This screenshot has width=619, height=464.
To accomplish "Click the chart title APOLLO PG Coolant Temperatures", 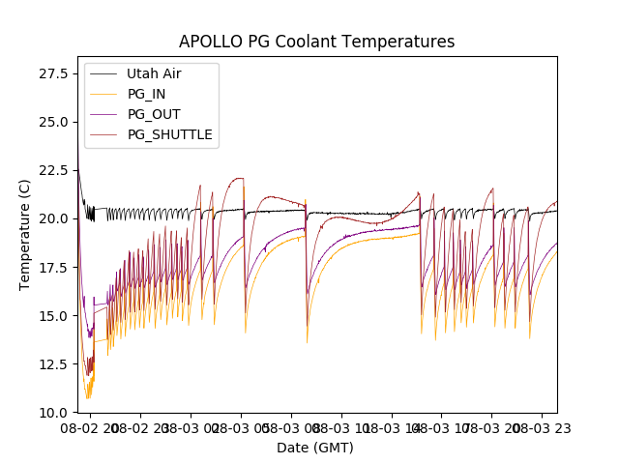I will [x=316, y=43].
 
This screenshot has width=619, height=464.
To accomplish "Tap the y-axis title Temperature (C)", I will [x=25, y=235].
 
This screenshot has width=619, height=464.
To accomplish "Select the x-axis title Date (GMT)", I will [x=315, y=448].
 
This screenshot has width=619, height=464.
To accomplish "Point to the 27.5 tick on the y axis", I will [x=54, y=73].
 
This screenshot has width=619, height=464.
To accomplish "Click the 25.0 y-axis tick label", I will [x=54, y=122].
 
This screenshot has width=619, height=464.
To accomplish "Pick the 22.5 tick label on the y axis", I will [x=54, y=170].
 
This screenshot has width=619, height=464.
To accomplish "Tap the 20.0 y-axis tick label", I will [x=54, y=218].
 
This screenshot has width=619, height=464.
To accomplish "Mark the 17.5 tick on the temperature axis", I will [x=54, y=267].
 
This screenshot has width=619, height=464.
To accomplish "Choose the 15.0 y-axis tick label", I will [x=54, y=315].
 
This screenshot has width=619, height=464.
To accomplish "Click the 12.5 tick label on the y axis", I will [x=54, y=363].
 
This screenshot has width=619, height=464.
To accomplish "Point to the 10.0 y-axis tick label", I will [x=54, y=412].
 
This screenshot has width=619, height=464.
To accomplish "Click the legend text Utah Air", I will [x=154, y=73].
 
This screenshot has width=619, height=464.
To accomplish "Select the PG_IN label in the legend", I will [x=147, y=94].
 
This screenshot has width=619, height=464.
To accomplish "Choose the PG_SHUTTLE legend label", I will [x=169, y=134].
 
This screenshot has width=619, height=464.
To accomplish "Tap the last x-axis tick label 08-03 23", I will [x=542, y=427].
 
